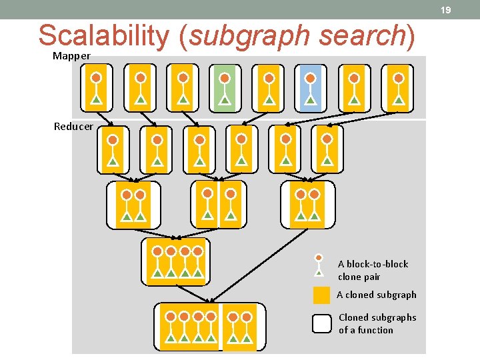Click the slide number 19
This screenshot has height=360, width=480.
446,10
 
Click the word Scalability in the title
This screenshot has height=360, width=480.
104,36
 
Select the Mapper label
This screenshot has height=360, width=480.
71,56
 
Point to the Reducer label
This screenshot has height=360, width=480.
73,127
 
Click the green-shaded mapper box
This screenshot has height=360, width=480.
225,87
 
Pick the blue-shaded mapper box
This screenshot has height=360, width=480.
309,87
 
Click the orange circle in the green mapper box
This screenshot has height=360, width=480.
225,78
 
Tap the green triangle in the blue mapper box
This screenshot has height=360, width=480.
309,101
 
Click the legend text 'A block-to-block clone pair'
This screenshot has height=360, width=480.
373,270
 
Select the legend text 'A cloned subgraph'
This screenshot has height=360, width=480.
377,295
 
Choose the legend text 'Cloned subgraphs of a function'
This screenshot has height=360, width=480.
377,323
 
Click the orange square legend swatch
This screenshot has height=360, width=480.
321,295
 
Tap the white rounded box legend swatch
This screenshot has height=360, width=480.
321,323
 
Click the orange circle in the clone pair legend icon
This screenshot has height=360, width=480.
319,257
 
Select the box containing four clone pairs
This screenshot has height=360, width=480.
176,262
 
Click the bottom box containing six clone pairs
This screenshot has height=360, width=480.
209,327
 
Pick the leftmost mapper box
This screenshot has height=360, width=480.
96,87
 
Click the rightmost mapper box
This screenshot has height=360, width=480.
398,87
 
